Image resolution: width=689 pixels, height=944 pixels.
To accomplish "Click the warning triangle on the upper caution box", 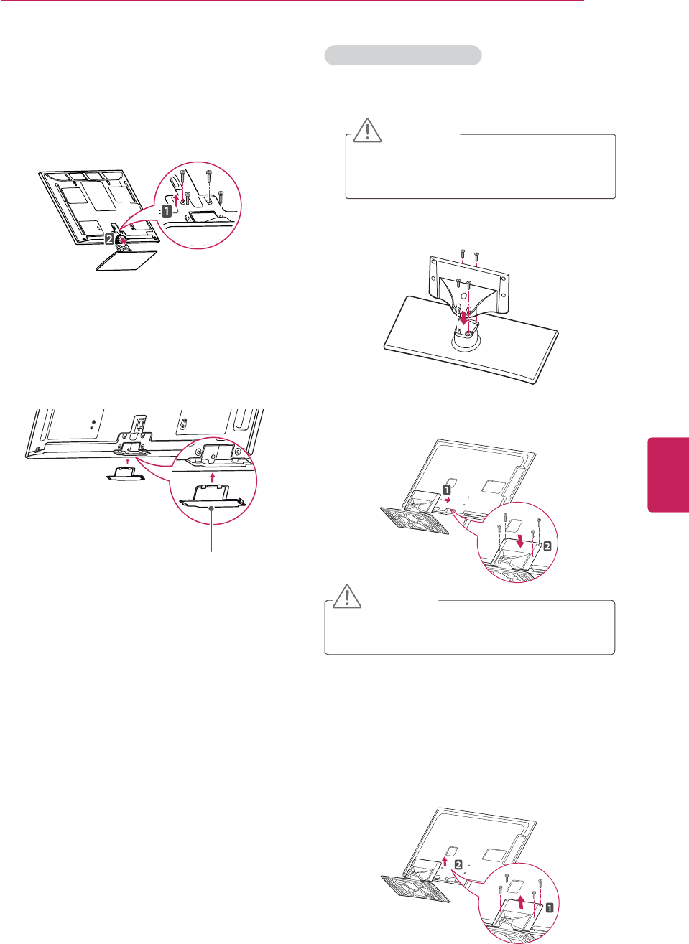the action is pos(367,130).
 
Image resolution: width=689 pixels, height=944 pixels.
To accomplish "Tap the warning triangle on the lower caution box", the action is pos(346,597).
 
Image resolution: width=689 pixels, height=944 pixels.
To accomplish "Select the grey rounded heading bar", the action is pos(402,55).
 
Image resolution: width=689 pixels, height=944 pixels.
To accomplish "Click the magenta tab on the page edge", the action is pos(669,475).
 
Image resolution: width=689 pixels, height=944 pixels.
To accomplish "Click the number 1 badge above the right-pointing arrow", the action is pos(447,489).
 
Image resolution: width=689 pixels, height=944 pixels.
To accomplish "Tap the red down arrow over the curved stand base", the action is pos(463,317).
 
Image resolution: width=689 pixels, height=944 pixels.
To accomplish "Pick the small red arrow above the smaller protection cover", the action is pos(128,462).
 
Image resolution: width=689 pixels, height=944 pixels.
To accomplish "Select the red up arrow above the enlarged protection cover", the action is pos(212,477).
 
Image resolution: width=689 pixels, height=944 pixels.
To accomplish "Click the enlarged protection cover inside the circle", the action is pos(211,496).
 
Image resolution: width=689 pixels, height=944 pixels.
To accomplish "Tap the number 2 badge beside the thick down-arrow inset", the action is pos(547,546).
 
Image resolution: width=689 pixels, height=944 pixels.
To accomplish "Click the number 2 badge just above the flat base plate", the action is pos(109,238).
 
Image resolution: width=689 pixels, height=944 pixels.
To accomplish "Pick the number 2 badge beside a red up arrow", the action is pos(458,864).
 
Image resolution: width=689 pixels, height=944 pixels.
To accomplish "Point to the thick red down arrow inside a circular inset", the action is pos(519,538).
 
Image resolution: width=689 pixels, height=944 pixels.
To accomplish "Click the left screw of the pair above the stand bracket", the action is pos(463,253).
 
